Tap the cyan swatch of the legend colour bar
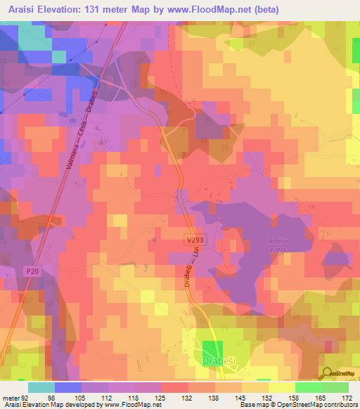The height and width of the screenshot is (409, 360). [x=41, y=387]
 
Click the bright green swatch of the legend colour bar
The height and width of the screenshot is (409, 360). [x=309, y=387]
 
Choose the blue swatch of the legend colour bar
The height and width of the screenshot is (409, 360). [x=68, y=387]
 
